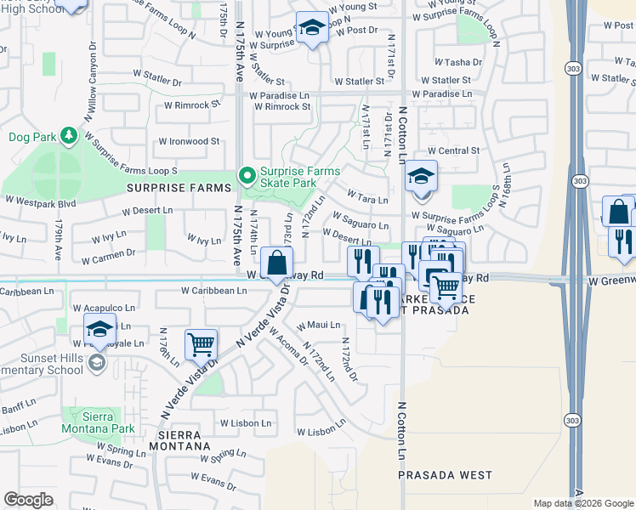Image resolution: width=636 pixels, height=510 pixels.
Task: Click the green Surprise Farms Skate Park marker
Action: (247, 176)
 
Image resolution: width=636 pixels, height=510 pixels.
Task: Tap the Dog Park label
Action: (31, 136)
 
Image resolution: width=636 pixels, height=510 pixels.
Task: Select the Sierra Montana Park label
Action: (97, 423)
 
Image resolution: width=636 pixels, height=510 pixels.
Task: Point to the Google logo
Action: (28, 500)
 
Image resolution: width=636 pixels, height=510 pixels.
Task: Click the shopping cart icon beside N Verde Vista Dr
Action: (201, 345)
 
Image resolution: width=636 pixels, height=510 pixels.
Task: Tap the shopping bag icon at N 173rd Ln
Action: (276, 263)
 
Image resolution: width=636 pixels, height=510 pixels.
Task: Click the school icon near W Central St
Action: (421, 177)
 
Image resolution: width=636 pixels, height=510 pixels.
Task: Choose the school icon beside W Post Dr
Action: (312, 28)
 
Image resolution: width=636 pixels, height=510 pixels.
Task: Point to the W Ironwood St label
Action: (189, 142)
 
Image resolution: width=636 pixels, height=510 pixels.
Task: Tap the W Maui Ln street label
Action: (318, 325)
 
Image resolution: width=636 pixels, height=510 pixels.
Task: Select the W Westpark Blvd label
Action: (41, 201)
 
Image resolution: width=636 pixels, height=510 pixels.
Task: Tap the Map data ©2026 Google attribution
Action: (582, 503)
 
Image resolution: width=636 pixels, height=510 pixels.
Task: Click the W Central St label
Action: (458, 150)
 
